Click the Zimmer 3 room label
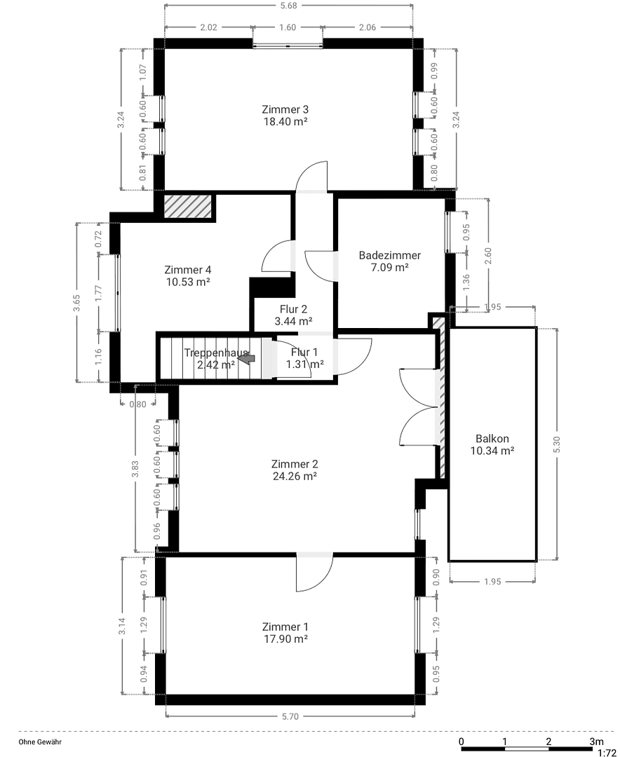tap(285, 109)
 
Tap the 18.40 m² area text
tap(285, 121)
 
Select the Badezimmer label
tap(389, 255)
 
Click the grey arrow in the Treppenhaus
tap(246, 358)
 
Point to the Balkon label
tap(492, 439)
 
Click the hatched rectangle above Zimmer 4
tap(187, 207)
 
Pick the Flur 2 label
tap(293, 308)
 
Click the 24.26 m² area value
tap(295, 476)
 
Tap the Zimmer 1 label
tap(285, 627)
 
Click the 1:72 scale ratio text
tap(607, 753)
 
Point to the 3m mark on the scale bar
tap(596, 742)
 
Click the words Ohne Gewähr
tap(39, 742)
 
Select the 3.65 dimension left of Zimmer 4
tap(78, 302)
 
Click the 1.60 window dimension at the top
tap(288, 28)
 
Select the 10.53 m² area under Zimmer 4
tap(188, 282)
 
